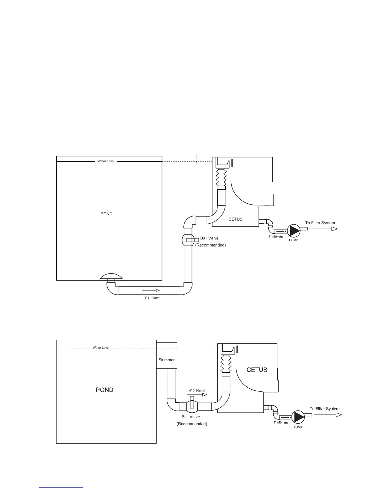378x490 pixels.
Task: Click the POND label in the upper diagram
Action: point(107,214)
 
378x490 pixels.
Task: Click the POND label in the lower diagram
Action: point(105,390)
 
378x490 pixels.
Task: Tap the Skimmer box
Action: point(166,360)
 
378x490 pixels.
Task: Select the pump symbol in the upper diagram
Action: point(293,230)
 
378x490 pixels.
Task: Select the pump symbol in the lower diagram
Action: point(298,417)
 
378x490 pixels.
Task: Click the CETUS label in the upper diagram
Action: point(235,219)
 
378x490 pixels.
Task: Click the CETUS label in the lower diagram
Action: point(257,370)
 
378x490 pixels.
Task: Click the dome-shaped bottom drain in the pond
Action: point(111,276)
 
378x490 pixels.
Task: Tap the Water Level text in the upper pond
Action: point(106,161)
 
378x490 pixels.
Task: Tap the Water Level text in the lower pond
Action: point(101,348)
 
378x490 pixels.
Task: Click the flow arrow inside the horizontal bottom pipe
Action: point(151,290)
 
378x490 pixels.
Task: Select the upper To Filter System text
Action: point(320,223)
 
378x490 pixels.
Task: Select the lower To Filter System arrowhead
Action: point(339,415)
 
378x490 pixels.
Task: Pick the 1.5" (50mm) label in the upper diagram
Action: point(274,237)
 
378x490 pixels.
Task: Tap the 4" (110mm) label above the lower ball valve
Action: point(197,391)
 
